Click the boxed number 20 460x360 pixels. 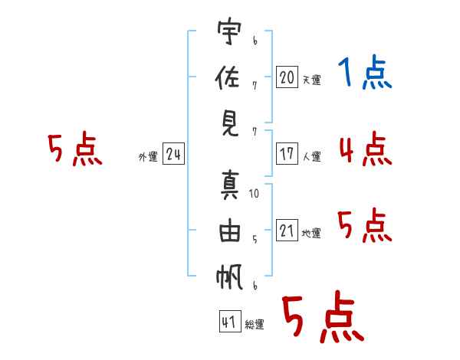[x=287, y=77]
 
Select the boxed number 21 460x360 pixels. [x=287, y=231]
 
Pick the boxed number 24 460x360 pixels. [x=173, y=154]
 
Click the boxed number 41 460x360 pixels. [x=228, y=322]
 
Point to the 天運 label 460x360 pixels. [x=311, y=80]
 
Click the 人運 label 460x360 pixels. [x=311, y=157]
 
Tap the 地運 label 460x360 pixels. [x=311, y=234]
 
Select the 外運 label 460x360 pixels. [x=148, y=157]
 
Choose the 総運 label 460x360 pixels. [x=255, y=325]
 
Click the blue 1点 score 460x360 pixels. [x=364, y=73]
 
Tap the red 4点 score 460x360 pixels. [x=364, y=149]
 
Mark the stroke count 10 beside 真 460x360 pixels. [x=254, y=194]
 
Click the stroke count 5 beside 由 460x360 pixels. [x=254, y=239]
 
